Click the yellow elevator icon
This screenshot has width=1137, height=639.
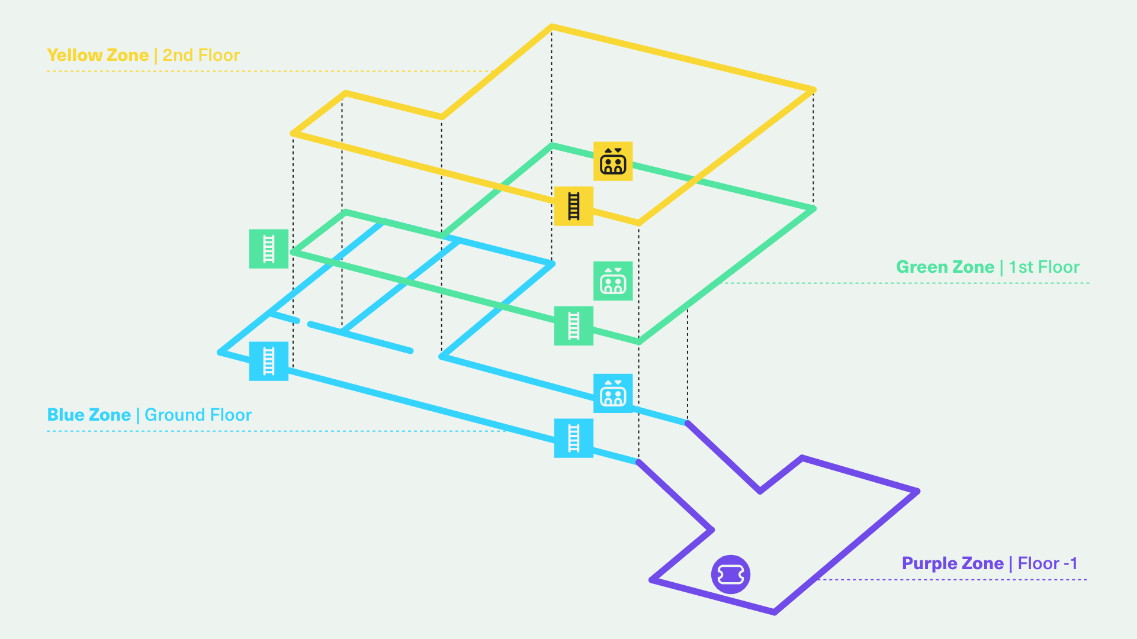613,161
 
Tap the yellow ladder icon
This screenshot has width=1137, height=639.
573,206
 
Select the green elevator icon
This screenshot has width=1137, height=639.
613,281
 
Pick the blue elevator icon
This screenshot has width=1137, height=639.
613,393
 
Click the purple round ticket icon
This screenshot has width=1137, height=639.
731,574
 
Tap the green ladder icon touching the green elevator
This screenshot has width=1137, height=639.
573,325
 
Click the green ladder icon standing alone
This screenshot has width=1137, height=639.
268,248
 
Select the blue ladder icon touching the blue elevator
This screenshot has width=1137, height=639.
573,438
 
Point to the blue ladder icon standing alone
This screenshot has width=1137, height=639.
268,361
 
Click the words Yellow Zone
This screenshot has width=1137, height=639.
98,55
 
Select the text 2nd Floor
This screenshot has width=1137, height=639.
201,55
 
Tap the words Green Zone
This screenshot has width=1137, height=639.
945,267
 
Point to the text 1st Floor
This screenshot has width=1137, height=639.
1044,267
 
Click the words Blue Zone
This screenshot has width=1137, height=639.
89,415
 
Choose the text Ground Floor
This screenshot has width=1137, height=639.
198,415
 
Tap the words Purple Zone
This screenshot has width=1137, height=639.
952,563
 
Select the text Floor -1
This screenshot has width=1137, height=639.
1047,563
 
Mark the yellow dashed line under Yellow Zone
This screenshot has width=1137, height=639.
237,71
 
